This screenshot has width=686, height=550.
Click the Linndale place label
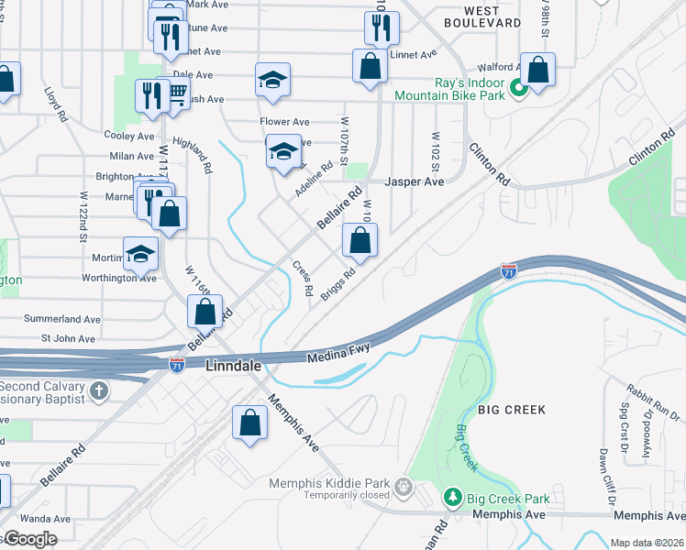tap(233, 366)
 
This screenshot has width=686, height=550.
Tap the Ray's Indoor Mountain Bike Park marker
tap(516, 88)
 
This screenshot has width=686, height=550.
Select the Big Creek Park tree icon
tap(452, 498)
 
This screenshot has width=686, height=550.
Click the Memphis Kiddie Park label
tap(329, 483)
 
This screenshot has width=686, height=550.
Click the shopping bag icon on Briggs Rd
tap(360, 242)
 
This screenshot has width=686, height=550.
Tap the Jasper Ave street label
tap(414, 181)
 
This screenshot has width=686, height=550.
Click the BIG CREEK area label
tap(511, 410)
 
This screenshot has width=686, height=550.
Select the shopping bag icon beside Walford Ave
tap(537, 69)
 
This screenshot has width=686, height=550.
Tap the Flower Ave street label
tap(284, 121)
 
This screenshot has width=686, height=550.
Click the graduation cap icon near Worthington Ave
tap(140, 253)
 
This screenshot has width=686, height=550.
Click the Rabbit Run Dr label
tap(652, 394)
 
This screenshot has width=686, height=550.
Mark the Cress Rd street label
tap(303, 278)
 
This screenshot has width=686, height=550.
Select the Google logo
tap(29, 539)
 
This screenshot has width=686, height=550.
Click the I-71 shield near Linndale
tap(177, 364)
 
